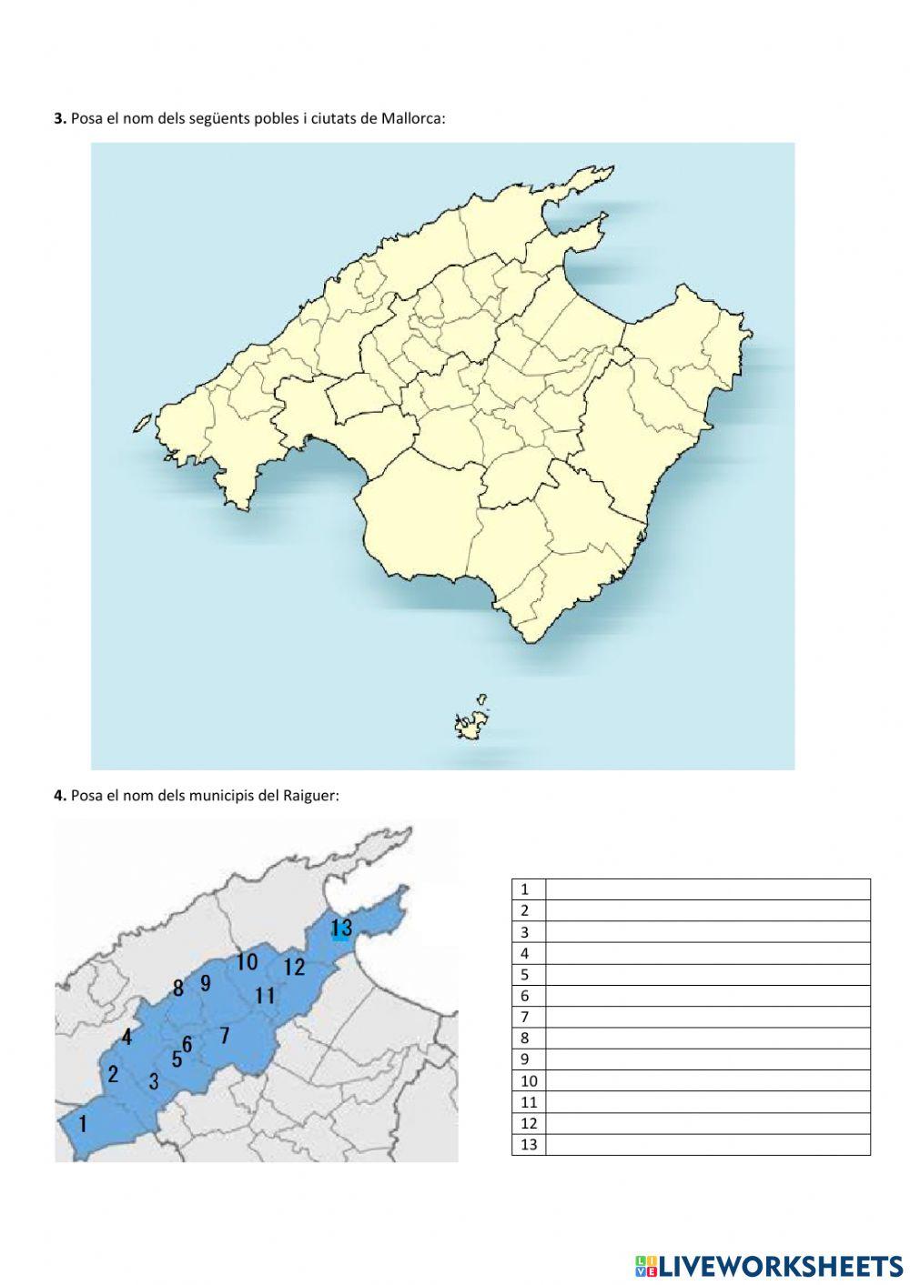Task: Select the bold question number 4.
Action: click(59, 796)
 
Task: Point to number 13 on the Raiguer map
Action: click(341, 928)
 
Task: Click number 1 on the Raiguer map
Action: click(83, 1124)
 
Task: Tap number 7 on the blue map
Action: click(225, 1035)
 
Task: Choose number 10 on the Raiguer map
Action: click(247, 961)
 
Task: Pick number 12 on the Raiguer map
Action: click(294, 967)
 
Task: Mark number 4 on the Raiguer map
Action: click(126, 1037)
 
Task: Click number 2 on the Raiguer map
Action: click(113, 1074)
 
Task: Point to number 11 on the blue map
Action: click(265, 995)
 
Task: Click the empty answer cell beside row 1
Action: click(707, 889)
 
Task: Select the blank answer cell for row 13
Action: click(707, 1144)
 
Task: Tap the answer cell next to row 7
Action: click(707, 1017)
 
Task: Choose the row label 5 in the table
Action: click(525, 974)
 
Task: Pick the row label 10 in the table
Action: click(529, 1080)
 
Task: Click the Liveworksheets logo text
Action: click(780, 1265)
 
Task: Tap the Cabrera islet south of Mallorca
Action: click(470, 725)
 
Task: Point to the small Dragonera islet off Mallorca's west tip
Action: click(142, 423)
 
